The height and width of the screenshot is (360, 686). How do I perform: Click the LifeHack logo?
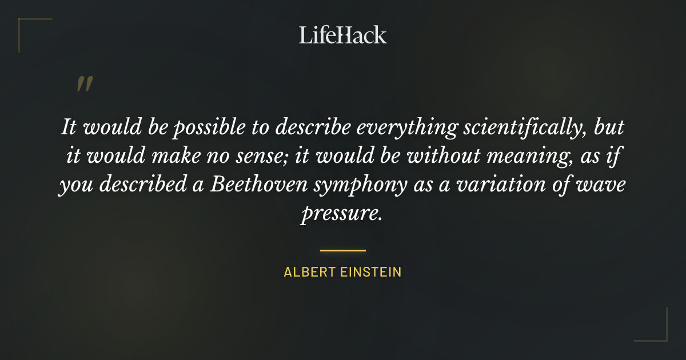point(343,35)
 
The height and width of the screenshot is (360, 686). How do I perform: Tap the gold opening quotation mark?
point(85,85)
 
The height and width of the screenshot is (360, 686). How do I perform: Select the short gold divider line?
point(343,250)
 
